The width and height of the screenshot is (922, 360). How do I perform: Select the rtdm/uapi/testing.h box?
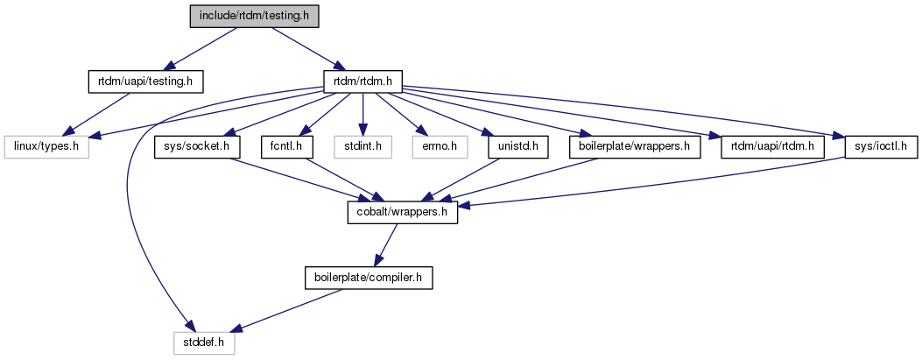pos(145,82)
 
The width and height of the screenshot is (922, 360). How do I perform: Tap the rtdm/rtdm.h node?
pos(362,82)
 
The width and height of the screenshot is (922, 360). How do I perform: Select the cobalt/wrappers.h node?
pos(403,213)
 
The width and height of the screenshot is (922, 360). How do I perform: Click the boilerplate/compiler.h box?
pos(368,278)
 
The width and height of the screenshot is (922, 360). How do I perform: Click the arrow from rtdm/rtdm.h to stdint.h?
pos(363,114)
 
